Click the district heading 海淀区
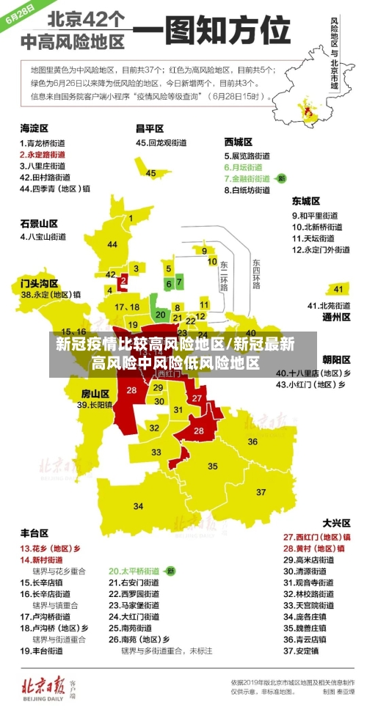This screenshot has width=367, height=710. [x=34, y=128]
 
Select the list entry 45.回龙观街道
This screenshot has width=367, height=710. [x=162, y=143]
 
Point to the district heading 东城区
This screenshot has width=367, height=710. [x=306, y=200]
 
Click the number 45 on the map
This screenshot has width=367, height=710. [x=151, y=173]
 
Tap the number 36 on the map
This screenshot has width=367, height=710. [x=252, y=441]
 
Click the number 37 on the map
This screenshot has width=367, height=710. [x=261, y=491]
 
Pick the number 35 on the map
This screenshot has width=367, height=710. [x=213, y=466]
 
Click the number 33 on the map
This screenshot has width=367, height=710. [x=157, y=452]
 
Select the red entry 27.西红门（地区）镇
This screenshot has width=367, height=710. [x=313, y=537]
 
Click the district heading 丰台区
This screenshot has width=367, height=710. [x=34, y=532]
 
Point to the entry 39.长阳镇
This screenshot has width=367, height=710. [x=95, y=404]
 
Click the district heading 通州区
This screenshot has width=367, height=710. [x=337, y=318]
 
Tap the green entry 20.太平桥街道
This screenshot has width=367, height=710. [x=134, y=570]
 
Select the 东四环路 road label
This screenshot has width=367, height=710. [x=257, y=274]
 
